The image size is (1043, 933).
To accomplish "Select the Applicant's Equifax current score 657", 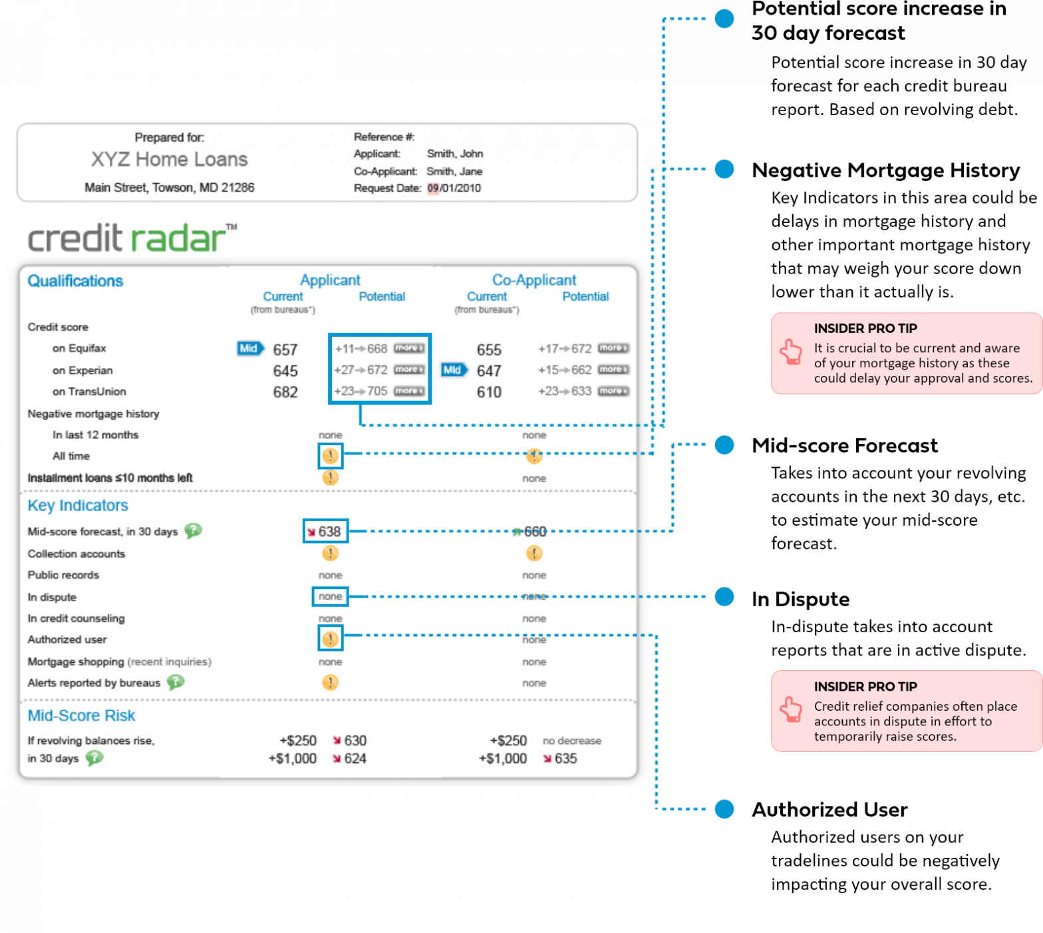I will [x=285, y=350].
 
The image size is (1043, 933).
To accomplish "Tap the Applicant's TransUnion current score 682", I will [x=285, y=393].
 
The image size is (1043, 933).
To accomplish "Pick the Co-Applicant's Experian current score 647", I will [x=489, y=371].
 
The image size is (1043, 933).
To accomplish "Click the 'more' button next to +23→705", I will [x=408, y=391].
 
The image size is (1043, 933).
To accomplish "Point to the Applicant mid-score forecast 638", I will [x=329, y=532].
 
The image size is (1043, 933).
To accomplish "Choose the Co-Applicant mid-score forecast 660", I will [x=535, y=532].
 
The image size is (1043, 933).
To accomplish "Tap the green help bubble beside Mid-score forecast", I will [x=193, y=531].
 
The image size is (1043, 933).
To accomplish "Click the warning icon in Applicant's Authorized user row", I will [x=330, y=640].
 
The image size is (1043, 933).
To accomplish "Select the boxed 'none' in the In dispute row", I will [x=330, y=597].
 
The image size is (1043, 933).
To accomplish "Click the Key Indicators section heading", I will [x=78, y=506].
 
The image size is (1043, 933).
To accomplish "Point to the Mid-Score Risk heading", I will [x=81, y=716].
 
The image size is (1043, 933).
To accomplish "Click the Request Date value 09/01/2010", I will [x=454, y=188].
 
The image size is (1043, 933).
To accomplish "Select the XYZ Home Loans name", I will [x=169, y=160].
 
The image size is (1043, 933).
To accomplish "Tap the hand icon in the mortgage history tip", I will [x=791, y=352].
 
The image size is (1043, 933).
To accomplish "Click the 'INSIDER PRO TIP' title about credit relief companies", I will [x=865, y=687].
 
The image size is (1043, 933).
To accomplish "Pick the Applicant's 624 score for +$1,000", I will [x=355, y=759].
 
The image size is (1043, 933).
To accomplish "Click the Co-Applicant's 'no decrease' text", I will [x=571, y=741].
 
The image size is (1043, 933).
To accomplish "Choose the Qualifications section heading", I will [x=75, y=281].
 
